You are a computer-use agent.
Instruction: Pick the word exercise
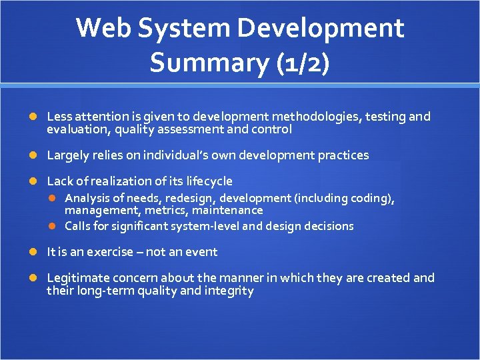click(123, 252)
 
